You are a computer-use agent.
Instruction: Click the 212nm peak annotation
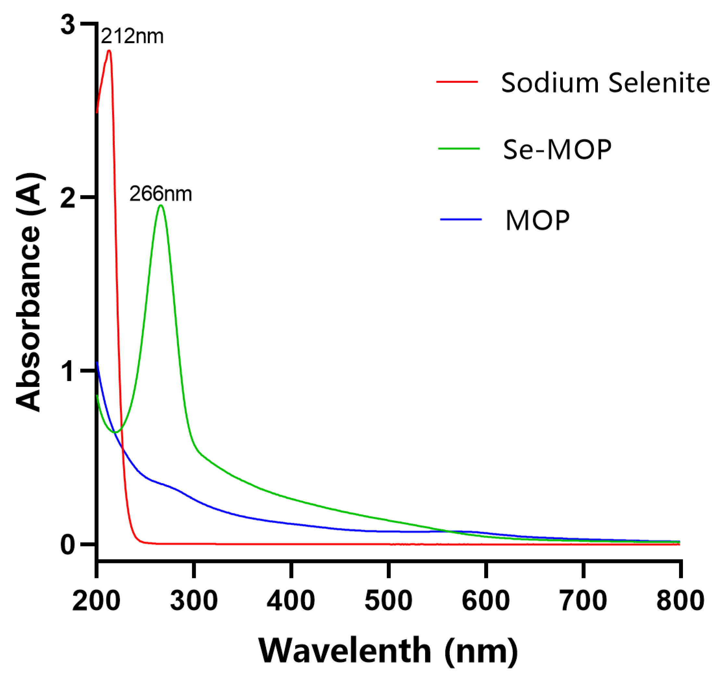[132, 36]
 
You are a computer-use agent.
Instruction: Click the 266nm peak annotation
[161, 194]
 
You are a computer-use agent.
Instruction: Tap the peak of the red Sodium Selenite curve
[109, 51]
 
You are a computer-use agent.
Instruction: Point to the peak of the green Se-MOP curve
[161, 206]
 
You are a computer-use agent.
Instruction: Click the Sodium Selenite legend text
[605, 83]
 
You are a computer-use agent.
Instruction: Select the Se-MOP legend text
[557, 150]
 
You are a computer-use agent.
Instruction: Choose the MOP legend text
[537, 220]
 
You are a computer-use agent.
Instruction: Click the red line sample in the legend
[457, 82]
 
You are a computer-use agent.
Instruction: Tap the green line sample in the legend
[459, 149]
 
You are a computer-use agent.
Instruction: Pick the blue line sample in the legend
[460, 219]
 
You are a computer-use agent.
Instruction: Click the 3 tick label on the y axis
[68, 25]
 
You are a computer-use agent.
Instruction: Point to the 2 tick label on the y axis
[68, 198]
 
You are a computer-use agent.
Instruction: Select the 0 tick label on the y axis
[68, 544]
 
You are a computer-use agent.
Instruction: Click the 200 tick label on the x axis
[96, 601]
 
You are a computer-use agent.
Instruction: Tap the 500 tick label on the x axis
[388, 601]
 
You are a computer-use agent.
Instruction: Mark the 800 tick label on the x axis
[680, 601]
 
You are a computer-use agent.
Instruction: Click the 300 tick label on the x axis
[194, 601]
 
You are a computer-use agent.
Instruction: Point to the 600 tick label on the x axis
[485, 601]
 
